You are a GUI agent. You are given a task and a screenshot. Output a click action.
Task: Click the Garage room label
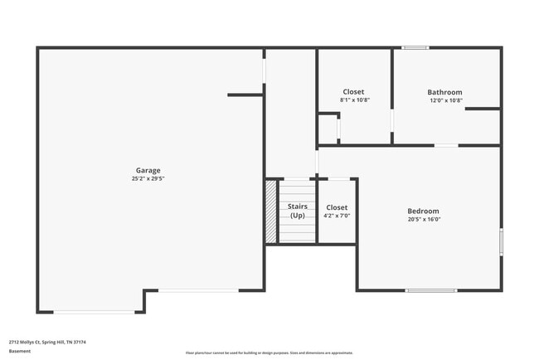(x=148, y=171)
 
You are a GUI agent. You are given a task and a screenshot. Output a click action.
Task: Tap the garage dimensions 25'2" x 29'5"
(x=148, y=178)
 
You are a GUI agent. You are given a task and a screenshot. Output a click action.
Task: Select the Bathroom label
(x=445, y=92)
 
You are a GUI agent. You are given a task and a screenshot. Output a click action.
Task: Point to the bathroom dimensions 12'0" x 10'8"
(x=445, y=100)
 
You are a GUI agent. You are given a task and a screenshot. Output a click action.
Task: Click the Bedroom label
(x=423, y=211)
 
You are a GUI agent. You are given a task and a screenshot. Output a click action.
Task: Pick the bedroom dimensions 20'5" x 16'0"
(x=423, y=220)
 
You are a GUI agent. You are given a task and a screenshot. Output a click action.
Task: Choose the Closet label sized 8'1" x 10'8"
(x=353, y=92)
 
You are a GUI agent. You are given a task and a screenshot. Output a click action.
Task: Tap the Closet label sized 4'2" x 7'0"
(x=337, y=207)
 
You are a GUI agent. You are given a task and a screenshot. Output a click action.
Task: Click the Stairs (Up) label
(x=297, y=211)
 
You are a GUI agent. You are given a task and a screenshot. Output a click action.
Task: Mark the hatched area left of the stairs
(x=270, y=212)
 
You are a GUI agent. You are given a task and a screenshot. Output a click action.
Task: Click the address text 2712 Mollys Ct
(x=47, y=342)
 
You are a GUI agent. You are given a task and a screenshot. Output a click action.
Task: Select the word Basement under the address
(x=20, y=351)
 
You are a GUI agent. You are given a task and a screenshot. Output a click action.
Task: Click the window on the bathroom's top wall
(x=415, y=47)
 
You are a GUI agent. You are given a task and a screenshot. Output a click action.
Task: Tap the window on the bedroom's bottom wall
(x=431, y=290)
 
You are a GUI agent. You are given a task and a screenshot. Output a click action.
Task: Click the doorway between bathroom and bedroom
(x=446, y=145)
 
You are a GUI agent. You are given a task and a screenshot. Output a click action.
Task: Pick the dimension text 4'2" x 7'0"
(x=337, y=216)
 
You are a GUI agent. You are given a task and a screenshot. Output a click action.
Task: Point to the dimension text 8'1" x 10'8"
(x=354, y=100)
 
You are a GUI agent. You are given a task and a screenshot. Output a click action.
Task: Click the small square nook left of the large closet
(x=328, y=129)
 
